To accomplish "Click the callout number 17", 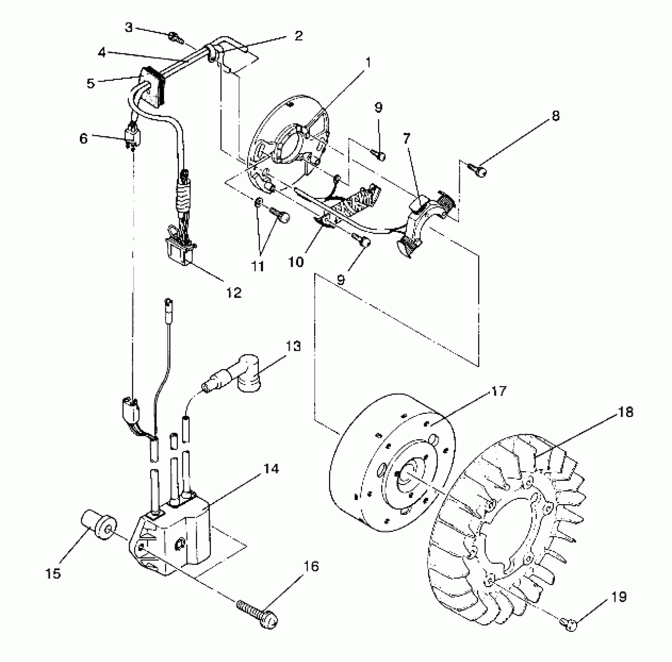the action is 499,391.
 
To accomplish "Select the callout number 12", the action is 234,292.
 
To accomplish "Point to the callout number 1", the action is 368,62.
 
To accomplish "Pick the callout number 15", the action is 53,573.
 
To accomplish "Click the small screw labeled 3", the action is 176,37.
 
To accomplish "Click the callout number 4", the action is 102,53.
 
